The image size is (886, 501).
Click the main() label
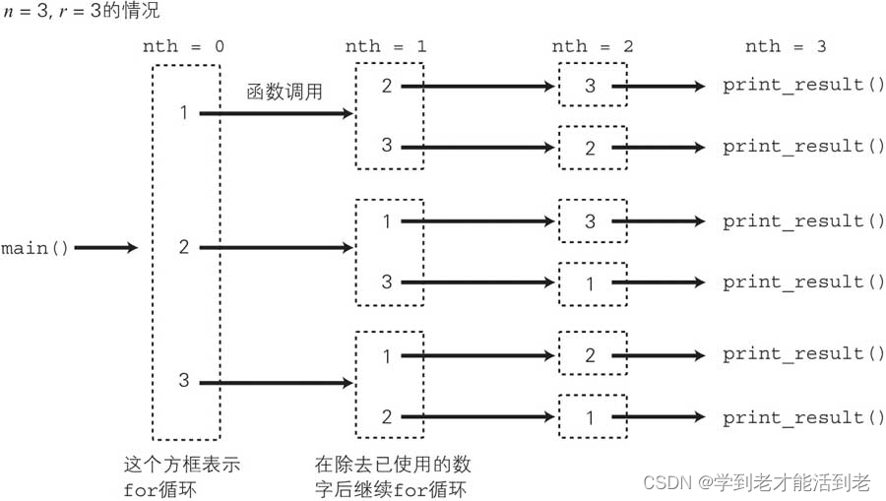[35, 248]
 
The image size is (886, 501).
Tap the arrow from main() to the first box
[106, 248]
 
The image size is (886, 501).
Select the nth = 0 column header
[184, 47]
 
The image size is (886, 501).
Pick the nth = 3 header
[786, 47]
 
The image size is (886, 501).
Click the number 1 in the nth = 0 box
[184, 113]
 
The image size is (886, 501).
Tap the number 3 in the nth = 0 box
[184, 381]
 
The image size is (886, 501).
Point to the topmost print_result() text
[804, 86]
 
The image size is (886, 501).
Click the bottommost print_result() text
[804, 418]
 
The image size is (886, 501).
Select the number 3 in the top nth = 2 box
[590, 86]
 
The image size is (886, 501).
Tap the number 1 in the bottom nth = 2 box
[590, 418]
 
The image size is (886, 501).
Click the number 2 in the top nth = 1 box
[386, 86]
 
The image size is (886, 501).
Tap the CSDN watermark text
[756, 482]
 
